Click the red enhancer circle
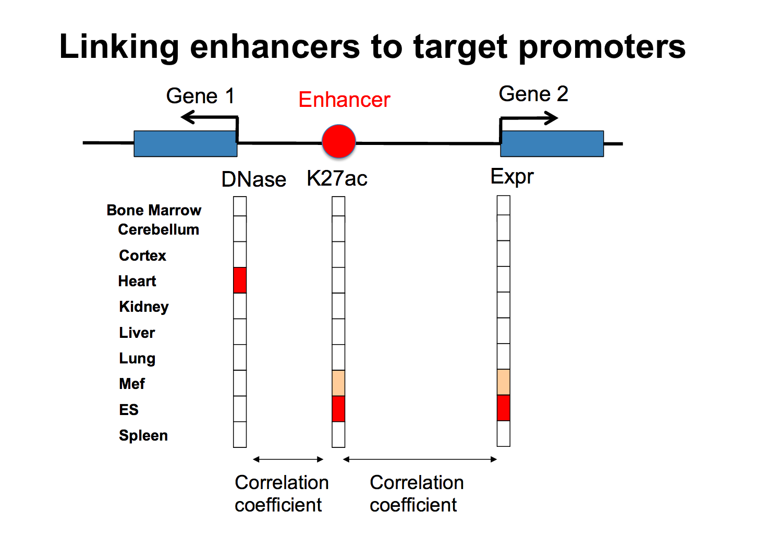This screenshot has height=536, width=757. tap(339, 141)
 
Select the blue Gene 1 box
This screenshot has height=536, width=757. tap(186, 143)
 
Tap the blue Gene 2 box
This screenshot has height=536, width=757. tap(552, 143)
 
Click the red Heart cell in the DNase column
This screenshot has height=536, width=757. tap(240, 280)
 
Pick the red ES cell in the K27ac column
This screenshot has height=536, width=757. tap(338, 409)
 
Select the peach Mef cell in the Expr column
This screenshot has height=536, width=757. tap(504, 382)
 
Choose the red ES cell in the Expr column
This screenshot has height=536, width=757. tap(504, 408)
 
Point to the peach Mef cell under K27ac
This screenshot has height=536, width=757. tap(338, 383)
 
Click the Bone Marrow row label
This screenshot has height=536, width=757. tap(154, 210)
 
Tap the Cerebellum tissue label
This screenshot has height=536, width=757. tap(158, 229)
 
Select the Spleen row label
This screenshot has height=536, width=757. tap(143, 435)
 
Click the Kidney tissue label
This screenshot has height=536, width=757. tap(143, 307)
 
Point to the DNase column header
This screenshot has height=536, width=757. tap(254, 179)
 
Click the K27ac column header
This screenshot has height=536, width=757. tap(337, 178)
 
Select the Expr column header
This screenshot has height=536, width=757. tap(512, 177)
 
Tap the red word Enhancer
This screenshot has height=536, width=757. tap(345, 100)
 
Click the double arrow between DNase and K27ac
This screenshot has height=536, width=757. tap(288, 459)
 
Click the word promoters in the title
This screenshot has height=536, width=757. tap(602, 47)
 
